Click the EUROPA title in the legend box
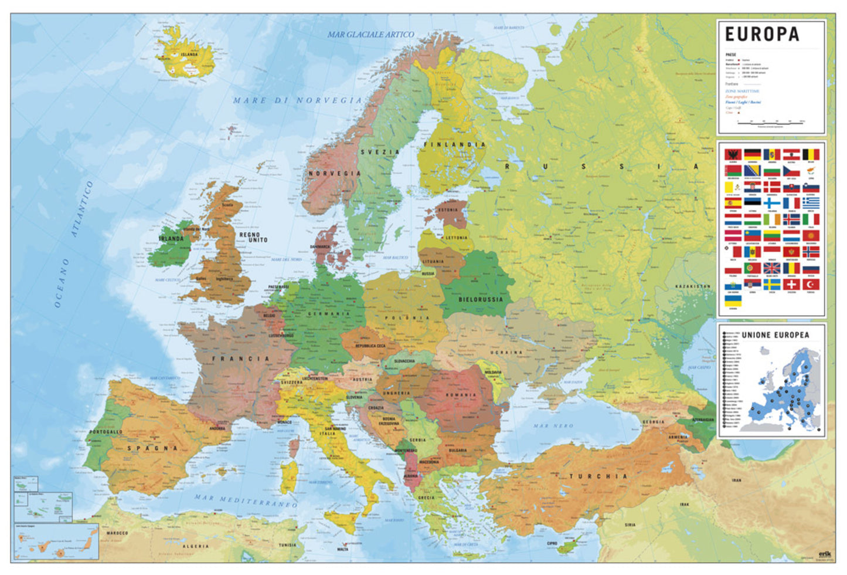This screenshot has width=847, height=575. pyautogui.click(x=761, y=35)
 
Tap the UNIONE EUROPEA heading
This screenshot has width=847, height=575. pyautogui.click(x=775, y=335)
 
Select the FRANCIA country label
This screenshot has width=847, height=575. pyautogui.click(x=241, y=358)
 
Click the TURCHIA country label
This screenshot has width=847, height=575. pyautogui.click(x=598, y=476)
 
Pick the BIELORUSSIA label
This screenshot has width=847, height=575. pyautogui.click(x=480, y=299)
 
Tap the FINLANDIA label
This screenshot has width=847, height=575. pyautogui.click(x=454, y=144)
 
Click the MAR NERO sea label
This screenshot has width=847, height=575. pyautogui.click(x=553, y=425)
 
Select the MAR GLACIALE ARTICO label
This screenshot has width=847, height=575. pyautogui.click(x=370, y=35)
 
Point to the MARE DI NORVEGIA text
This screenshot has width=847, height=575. pyautogui.click(x=298, y=100)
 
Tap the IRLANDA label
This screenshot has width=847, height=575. pyautogui.click(x=171, y=239)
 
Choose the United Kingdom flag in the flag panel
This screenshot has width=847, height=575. pyautogui.click(x=771, y=269)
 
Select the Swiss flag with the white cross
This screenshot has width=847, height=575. pyautogui.click(x=791, y=285)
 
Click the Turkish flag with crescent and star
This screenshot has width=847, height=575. pyautogui.click(x=811, y=285)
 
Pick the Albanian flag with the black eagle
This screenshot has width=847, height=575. pyautogui.click(x=733, y=154)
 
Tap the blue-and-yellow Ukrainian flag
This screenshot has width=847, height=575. pyautogui.click(x=733, y=300)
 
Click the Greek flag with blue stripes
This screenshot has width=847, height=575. pyautogui.click(x=811, y=203)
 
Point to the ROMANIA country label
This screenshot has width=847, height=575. pyautogui.click(x=460, y=395)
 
